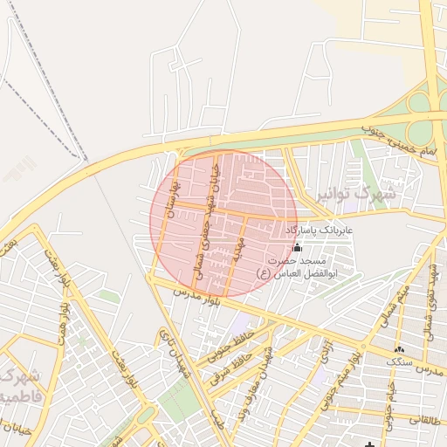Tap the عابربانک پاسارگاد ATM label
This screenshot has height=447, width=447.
[318, 230]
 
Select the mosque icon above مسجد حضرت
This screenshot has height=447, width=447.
[297, 247]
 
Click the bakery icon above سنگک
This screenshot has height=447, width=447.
[400, 348]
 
